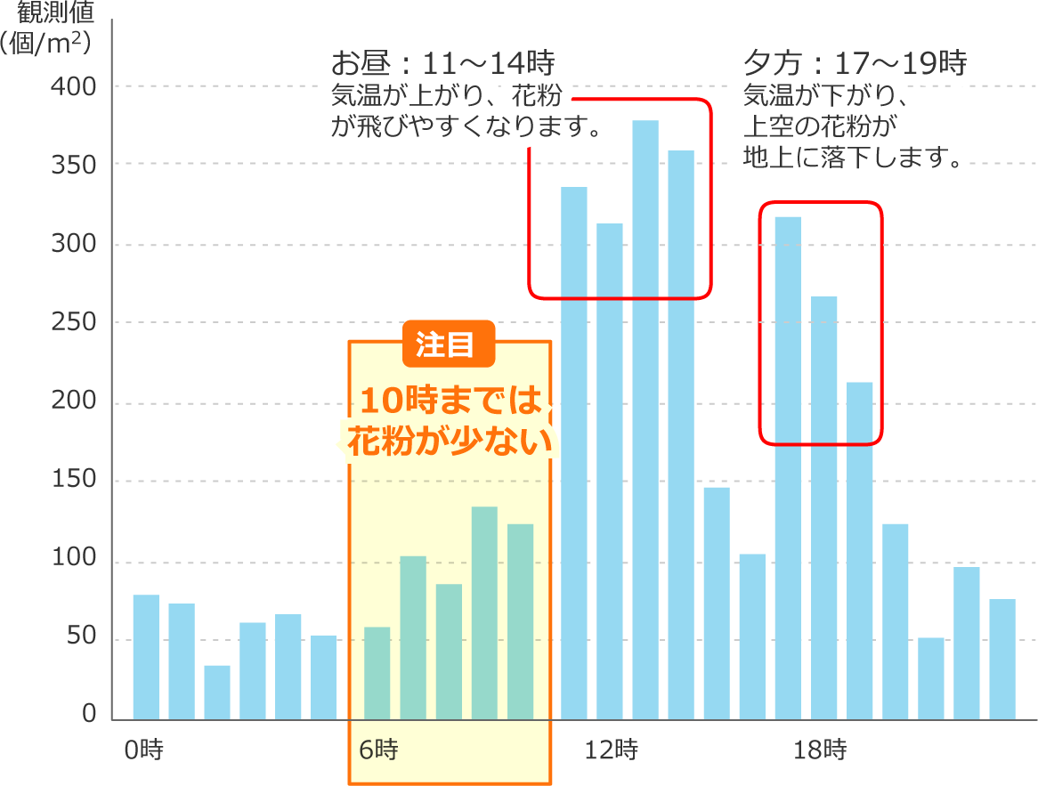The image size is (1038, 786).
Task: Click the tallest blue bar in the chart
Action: pyautogui.click(x=645, y=418)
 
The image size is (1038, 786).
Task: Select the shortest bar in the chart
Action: pyautogui.click(x=217, y=692)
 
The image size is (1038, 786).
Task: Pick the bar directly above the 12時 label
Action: pyautogui.click(x=610, y=472)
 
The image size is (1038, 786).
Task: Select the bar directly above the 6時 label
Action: pyautogui.click(x=377, y=673)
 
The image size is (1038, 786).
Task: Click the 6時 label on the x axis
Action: pyautogui.click(x=377, y=750)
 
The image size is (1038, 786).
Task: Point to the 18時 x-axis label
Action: pyautogui.click(x=819, y=750)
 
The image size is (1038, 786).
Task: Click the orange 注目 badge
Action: pyautogui.click(x=448, y=344)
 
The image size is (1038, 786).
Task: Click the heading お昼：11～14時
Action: pyautogui.click(x=442, y=63)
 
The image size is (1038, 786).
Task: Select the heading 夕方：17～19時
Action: pyautogui.click(x=854, y=63)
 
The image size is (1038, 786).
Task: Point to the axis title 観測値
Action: pyautogui.click(x=53, y=13)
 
